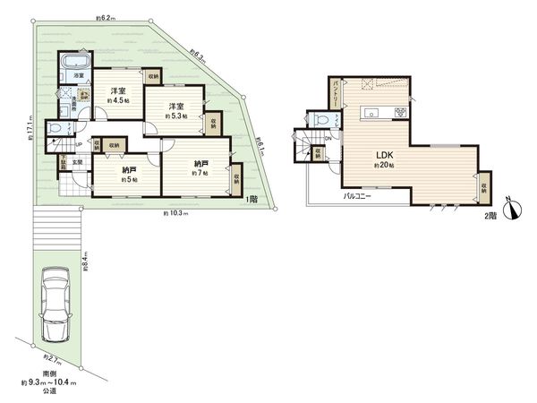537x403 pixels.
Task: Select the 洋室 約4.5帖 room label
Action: tap(117, 96)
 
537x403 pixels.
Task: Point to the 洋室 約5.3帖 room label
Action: tap(176, 112)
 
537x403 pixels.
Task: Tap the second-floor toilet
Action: tap(319, 120)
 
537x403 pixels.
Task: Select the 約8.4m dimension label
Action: tap(84, 261)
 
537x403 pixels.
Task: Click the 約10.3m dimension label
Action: tap(175, 213)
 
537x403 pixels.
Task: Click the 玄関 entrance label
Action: tap(77, 161)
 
